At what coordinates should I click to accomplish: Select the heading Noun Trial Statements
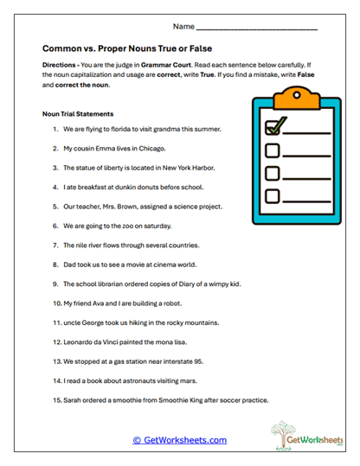78,113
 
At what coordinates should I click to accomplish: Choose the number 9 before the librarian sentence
55,284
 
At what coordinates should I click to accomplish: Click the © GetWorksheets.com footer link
180,440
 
